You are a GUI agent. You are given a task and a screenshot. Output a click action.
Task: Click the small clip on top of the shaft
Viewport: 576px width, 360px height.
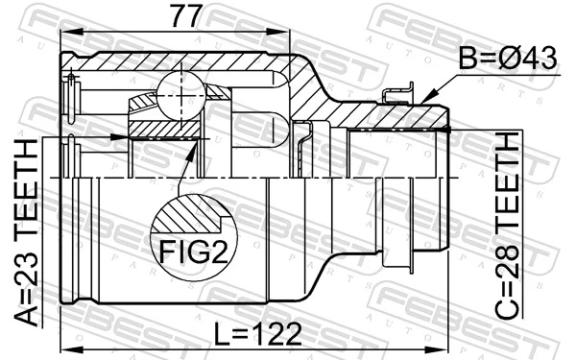(393, 94)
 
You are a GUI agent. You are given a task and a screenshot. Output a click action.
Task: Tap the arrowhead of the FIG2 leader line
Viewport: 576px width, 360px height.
(199, 143)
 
